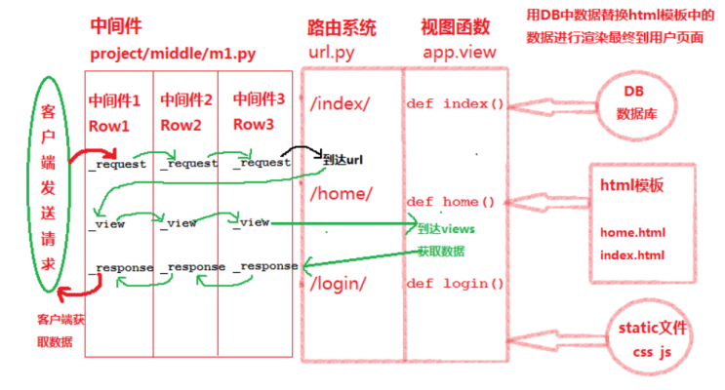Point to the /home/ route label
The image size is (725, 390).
point(342,193)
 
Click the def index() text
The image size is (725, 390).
point(455,103)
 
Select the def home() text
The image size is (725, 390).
point(451,202)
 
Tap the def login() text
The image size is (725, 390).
point(455,284)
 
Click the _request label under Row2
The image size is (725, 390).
point(187,163)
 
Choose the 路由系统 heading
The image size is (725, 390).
point(341,29)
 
